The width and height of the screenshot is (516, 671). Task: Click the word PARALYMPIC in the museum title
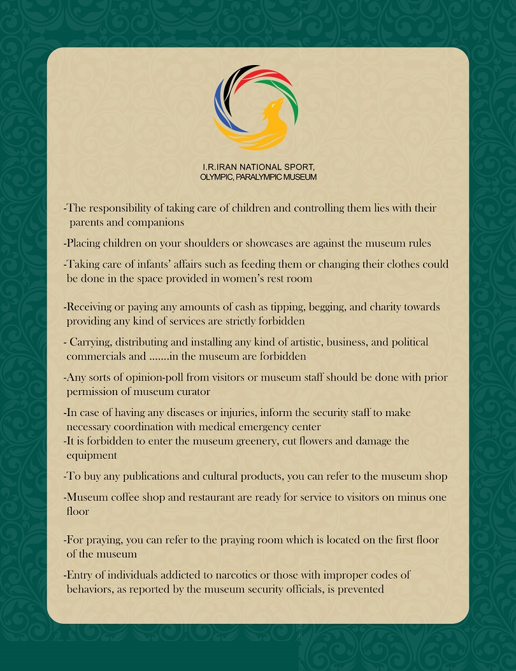250,177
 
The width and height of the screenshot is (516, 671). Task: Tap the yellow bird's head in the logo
276,105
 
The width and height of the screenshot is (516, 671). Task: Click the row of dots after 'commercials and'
154,356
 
